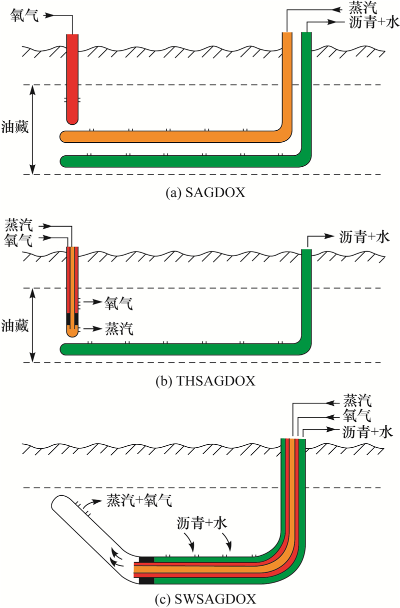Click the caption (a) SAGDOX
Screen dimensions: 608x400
pyautogui.click(x=205, y=192)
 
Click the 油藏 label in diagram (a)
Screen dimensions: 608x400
pyautogui.click(x=15, y=128)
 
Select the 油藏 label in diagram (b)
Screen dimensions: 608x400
pyautogui.click(x=15, y=325)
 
